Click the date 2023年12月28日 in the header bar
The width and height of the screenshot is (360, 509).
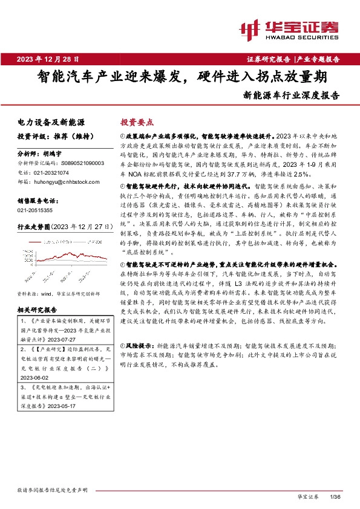click(x=49, y=59)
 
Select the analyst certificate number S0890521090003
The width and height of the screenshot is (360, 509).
click(x=74, y=163)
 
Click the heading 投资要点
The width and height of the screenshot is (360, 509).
click(x=137, y=122)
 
